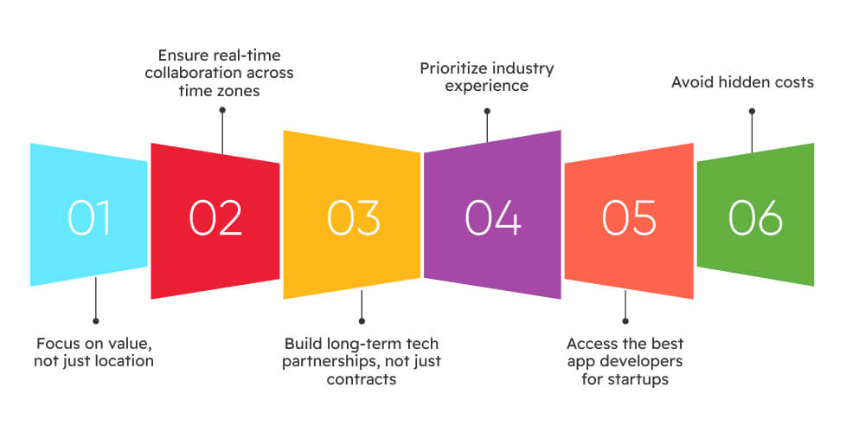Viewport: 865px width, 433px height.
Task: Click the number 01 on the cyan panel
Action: (89, 217)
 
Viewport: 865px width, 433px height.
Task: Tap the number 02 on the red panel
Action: (215, 217)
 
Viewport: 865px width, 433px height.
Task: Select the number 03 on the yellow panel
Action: (353, 217)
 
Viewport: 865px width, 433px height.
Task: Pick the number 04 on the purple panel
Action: (493, 217)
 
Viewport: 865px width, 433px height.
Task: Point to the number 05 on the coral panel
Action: (629, 217)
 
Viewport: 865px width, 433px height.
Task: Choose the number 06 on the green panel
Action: (755, 217)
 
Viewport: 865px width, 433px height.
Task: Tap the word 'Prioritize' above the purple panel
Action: (454, 69)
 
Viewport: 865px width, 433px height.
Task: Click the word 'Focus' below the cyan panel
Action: (59, 344)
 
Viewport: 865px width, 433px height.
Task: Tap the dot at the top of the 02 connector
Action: (222, 110)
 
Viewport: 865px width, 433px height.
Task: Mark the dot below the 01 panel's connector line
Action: (96, 321)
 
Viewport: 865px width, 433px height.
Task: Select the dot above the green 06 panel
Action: (752, 111)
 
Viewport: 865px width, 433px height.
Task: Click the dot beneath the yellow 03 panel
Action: (362, 321)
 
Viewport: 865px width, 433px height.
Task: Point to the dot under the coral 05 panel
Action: (625, 321)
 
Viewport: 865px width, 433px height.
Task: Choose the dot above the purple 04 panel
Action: (487, 111)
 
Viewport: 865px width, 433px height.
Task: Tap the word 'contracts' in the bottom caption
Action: (362, 379)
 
